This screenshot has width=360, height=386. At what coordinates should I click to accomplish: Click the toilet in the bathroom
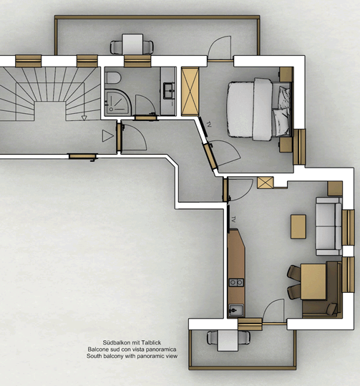click(112, 77)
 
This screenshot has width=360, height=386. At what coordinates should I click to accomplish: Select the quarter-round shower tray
click(117, 102)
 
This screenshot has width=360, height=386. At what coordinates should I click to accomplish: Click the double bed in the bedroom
click(259, 110)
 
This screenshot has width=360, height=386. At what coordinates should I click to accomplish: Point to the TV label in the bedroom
click(209, 125)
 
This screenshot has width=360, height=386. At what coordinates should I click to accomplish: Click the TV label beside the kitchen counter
click(233, 219)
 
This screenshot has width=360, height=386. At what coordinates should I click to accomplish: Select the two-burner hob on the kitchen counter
click(236, 282)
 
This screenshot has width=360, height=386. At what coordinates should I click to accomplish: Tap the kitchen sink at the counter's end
click(236, 310)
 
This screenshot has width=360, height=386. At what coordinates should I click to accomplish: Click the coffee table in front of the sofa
click(298, 226)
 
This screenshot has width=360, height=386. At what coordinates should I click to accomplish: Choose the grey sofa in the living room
click(329, 226)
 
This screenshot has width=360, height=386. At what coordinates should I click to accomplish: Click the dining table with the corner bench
click(313, 281)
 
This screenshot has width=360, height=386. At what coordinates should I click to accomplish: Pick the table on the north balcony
click(132, 44)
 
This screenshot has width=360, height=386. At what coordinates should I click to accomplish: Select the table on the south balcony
click(228, 340)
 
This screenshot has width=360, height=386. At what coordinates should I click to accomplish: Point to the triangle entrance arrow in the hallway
click(108, 136)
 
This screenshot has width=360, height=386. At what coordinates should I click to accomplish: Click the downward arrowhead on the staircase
click(84, 118)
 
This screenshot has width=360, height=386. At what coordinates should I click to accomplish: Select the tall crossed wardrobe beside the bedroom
click(190, 92)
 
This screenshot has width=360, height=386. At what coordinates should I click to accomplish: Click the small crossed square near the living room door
click(266, 183)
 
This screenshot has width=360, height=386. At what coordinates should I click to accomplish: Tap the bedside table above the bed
click(286, 74)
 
